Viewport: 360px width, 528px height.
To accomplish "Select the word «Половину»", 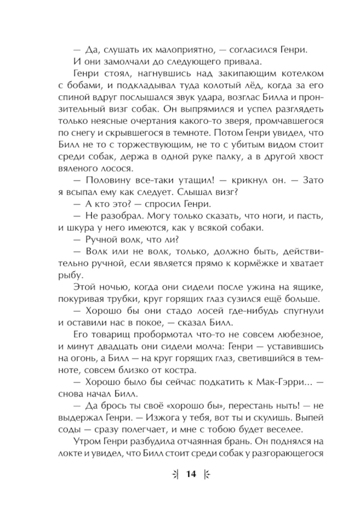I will point(111,180).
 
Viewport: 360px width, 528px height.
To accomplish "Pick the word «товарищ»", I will point(111,334).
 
